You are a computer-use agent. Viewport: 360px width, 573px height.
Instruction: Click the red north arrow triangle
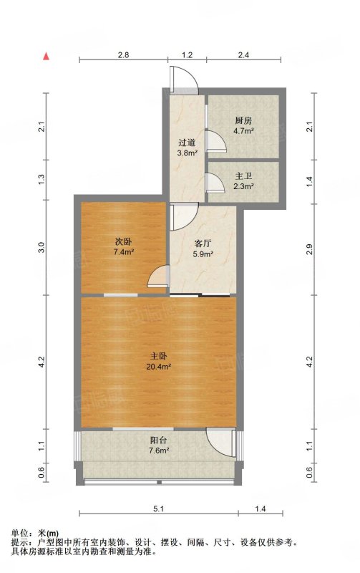click(x=46, y=56)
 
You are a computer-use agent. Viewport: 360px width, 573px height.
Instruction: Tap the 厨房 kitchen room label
click(x=243, y=121)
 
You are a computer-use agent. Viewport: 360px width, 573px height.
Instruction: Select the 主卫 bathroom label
click(x=244, y=176)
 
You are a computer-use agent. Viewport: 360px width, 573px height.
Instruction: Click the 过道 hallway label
click(x=187, y=143)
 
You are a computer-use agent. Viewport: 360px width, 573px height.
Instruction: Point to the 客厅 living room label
click(x=203, y=244)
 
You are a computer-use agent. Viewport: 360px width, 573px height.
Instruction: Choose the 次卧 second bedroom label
click(x=123, y=241)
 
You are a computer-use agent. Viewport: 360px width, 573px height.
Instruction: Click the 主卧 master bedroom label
click(x=158, y=355)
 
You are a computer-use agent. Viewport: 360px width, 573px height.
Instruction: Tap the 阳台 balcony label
click(x=158, y=440)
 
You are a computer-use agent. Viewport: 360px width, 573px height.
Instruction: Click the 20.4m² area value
click(x=159, y=367)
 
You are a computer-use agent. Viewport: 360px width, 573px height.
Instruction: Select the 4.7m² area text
click(x=244, y=131)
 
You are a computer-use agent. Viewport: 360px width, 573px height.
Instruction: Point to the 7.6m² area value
click(x=159, y=451)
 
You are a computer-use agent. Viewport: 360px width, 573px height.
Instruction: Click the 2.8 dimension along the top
click(x=123, y=55)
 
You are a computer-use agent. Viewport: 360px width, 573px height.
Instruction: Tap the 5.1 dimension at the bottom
click(x=158, y=509)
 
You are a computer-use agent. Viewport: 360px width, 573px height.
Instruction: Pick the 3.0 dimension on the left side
click(x=42, y=247)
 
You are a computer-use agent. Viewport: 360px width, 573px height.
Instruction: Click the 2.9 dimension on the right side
click(x=309, y=249)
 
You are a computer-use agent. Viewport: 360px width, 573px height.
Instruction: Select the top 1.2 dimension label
click(x=187, y=55)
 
